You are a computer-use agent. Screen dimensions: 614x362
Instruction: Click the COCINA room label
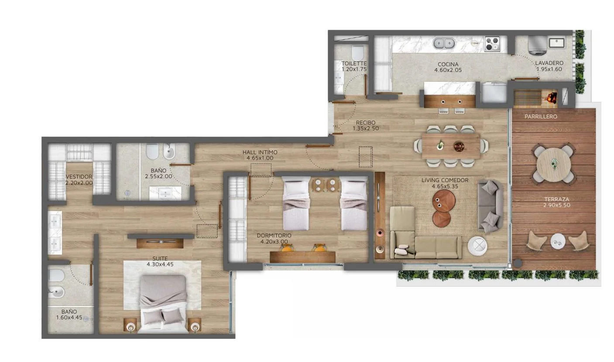448,64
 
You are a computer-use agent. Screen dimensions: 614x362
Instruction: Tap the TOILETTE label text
354,64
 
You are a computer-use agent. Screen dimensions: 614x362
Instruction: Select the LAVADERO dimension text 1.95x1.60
549,69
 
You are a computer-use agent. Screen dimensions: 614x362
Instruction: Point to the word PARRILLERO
541,117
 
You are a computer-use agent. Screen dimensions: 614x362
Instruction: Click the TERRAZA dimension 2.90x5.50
557,205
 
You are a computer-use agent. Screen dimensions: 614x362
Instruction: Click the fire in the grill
552,97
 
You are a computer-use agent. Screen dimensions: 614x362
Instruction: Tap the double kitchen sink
444,43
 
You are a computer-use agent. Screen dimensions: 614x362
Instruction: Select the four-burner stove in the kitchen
492,44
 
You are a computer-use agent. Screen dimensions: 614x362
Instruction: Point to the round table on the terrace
554,164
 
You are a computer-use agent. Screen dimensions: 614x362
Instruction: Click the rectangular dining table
451,146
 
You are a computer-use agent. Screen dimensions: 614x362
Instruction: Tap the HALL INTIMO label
260,152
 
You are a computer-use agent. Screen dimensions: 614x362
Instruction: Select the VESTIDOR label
79,177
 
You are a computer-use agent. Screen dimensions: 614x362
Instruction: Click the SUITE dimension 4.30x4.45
160,264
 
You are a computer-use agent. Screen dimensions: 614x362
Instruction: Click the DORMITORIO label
274,236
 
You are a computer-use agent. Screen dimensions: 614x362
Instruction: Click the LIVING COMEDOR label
445,180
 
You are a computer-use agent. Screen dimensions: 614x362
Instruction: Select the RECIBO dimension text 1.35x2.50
366,129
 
